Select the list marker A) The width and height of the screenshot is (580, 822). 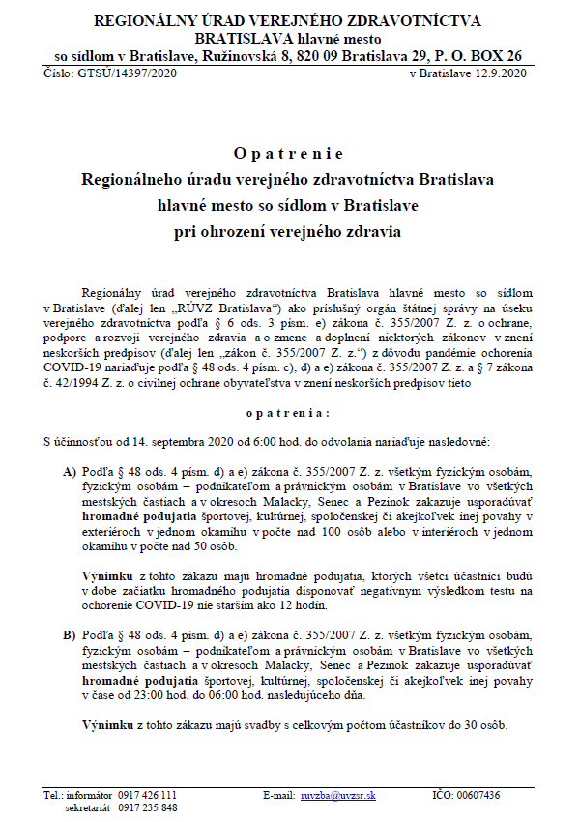(70, 472)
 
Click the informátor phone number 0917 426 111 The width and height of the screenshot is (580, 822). (147, 795)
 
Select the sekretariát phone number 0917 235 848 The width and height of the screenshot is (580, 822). (147, 807)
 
